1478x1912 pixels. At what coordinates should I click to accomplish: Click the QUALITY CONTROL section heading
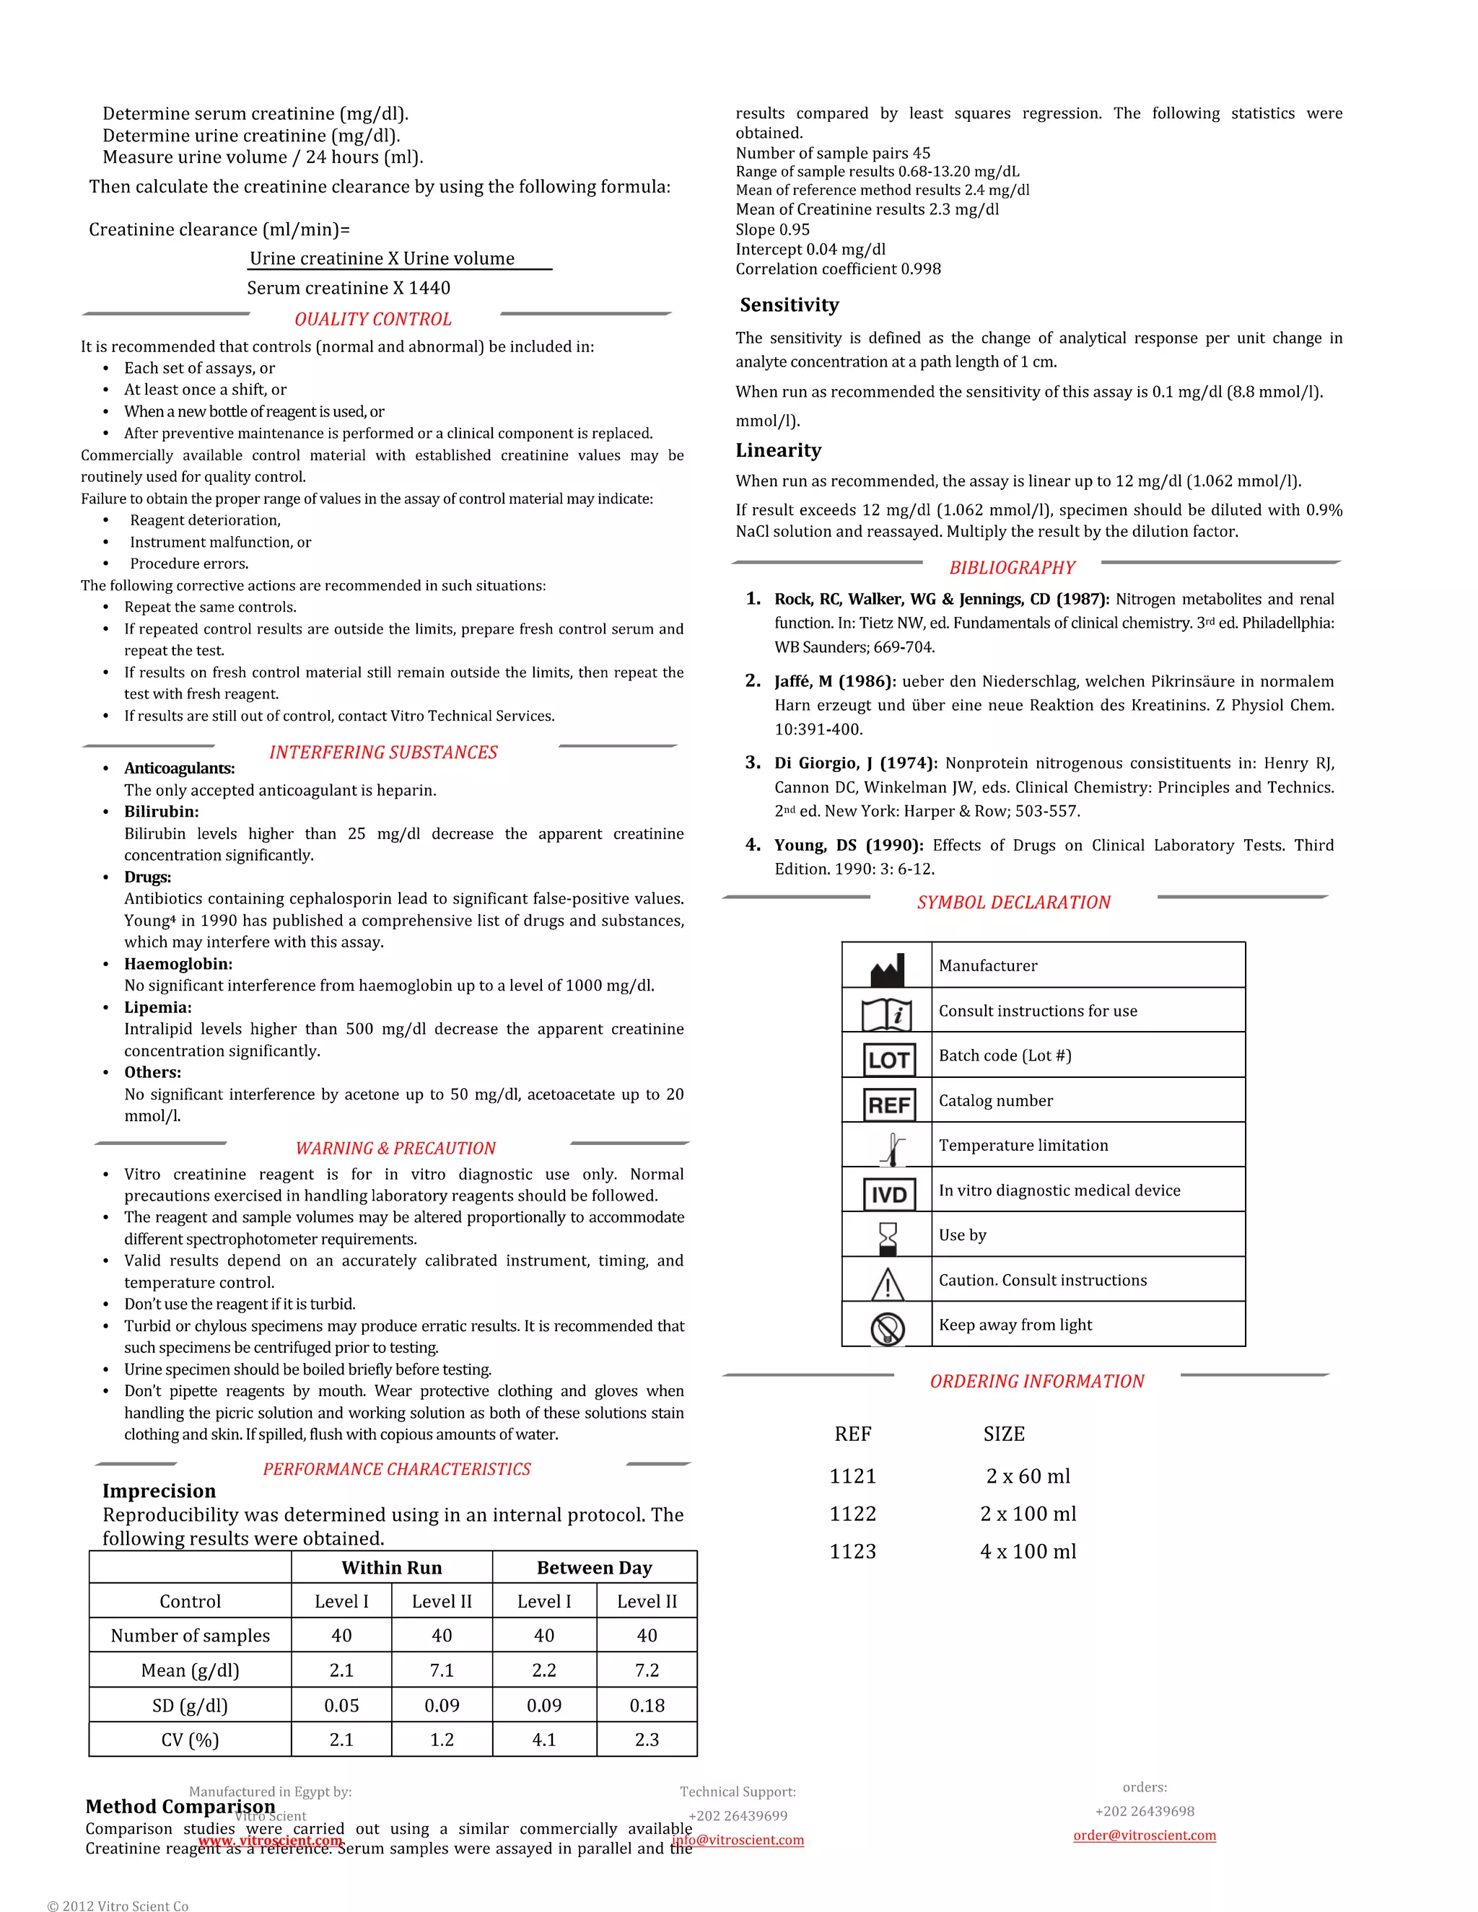(x=373, y=320)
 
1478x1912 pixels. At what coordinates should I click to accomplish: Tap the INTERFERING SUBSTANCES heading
(x=382, y=752)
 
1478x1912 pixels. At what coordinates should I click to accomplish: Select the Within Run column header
(x=391, y=1567)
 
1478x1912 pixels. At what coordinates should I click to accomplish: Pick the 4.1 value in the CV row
(x=543, y=1740)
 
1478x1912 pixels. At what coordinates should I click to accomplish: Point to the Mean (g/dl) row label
(x=190, y=1670)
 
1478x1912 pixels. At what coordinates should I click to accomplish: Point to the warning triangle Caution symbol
(x=888, y=1284)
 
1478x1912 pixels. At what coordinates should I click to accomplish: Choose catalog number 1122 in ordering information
(x=853, y=1514)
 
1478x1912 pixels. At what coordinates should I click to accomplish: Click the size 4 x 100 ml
(x=1028, y=1551)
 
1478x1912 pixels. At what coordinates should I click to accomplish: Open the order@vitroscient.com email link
(x=1145, y=1835)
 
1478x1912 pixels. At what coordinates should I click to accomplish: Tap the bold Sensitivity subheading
(x=789, y=304)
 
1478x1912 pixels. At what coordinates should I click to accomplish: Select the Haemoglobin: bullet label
(x=178, y=964)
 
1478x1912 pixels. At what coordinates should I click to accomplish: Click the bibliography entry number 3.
(x=753, y=763)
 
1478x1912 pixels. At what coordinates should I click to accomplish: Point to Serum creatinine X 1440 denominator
(x=349, y=288)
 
